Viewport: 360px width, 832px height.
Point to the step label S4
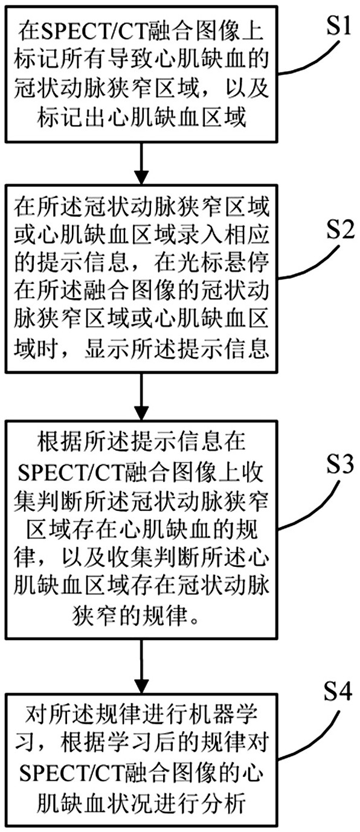pos(337,691)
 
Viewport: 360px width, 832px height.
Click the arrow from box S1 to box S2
pos(141,162)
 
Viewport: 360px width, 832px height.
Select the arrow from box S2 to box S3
pos(141,396)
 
